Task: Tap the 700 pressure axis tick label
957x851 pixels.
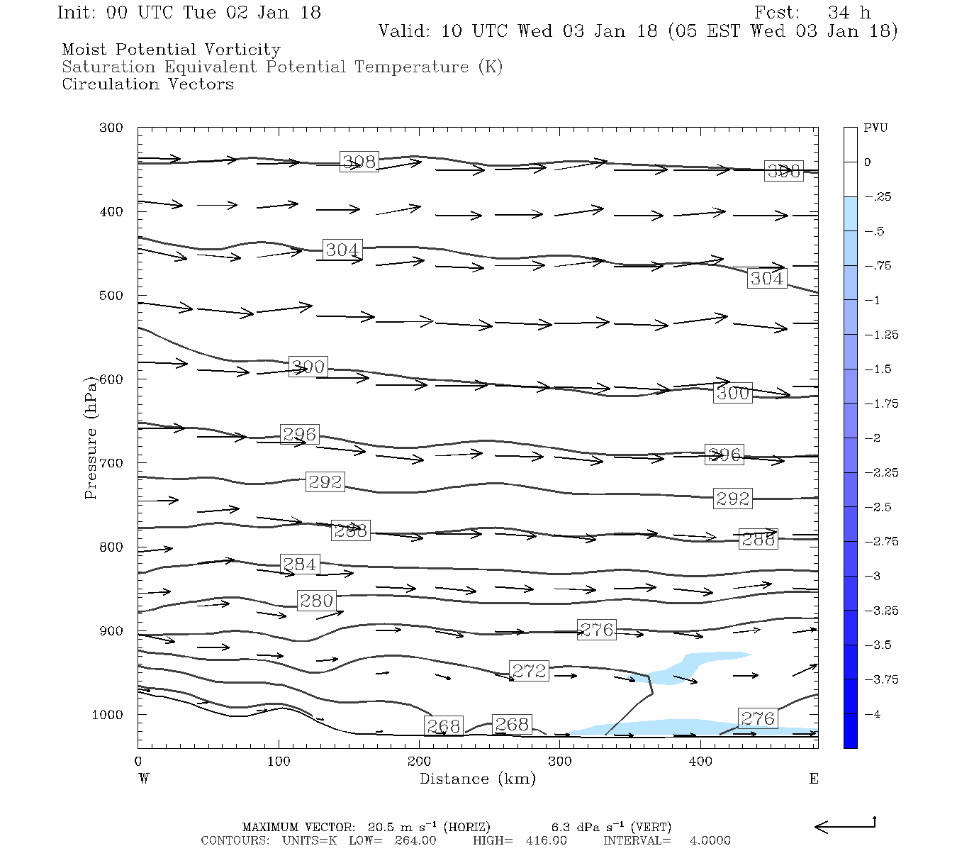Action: pyautogui.click(x=111, y=463)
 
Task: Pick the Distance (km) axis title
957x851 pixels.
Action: pyautogui.click(x=478, y=779)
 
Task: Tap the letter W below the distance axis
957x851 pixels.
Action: pyautogui.click(x=144, y=779)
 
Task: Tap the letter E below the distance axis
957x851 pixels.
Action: pyautogui.click(x=814, y=779)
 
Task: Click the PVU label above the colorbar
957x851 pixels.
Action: pyautogui.click(x=875, y=128)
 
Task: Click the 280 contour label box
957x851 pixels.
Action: pyautogui.click(x=316, y=601)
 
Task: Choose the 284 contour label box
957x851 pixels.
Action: pyautogui.click(x=300, y=564)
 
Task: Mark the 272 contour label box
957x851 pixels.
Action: pyautogui.click(x=529, y=671)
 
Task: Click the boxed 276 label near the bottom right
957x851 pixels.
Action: pyautogui.click(x=758, y=719)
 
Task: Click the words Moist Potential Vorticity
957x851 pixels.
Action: pyautogui.click(x=171, y=50)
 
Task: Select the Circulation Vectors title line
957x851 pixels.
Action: pyautogui.click(x=147, y=84)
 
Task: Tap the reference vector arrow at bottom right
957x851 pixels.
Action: pyautogui.click(x=845, y=825)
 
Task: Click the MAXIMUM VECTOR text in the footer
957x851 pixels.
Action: pyautogui.click(x=298, y=828)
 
